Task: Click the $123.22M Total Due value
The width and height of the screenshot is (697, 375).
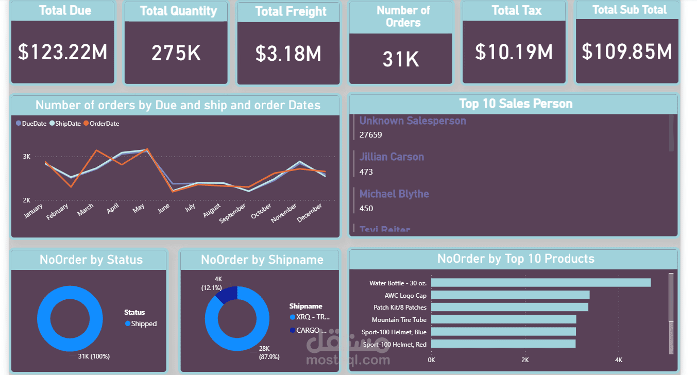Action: (62, 52)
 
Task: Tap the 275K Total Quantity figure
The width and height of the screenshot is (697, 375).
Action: (176, 53)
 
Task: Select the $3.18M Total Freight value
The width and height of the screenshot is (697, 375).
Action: (288, 54)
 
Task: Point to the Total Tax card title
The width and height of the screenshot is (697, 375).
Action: (517, 11)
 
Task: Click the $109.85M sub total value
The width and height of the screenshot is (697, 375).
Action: (627, 52)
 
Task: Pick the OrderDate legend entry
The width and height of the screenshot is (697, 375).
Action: (101, 124)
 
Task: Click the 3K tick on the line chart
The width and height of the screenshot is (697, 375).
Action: (27, 156)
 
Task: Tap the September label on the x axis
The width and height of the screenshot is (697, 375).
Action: (233, 213)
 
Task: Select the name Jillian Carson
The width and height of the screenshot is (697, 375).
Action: (392, 157)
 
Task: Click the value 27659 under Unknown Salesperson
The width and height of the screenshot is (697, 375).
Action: (371, 135)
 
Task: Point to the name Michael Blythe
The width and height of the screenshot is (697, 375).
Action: (394, 194)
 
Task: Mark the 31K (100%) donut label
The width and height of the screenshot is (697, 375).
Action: (94, 356)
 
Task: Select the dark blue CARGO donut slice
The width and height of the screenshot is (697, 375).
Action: (227, 294)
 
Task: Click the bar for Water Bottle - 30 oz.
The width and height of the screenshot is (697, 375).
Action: (540, 283)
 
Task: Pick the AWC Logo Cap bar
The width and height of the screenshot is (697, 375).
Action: (510, 295)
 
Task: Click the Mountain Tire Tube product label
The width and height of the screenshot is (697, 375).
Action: (399, 320)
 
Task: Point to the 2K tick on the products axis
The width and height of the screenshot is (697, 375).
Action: (525, 360)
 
